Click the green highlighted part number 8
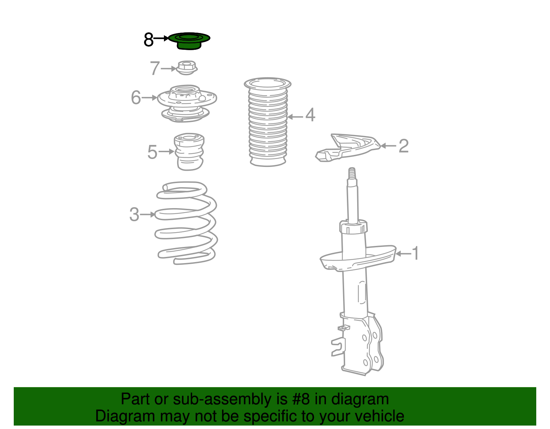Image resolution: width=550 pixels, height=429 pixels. point(189,41)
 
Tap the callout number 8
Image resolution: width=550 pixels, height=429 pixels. point(148,39)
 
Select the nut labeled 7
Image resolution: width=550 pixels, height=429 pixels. point(187,68)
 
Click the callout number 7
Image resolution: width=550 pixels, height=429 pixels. point(155,68)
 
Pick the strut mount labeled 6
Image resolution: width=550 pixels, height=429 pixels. point(187,103)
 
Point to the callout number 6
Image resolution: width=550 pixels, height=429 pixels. point(136,97)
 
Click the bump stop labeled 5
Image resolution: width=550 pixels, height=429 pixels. point(189,151)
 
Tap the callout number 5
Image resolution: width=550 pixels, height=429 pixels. point(152,152)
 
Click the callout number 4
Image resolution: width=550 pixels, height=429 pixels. point(310,115)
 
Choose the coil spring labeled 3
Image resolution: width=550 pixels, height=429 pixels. point(186,223)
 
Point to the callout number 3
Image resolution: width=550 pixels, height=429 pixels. point(134,214)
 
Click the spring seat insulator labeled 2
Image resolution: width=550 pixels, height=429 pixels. point(348,148)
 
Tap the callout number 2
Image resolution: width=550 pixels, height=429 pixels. point(404,146)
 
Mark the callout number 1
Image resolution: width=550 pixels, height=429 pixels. point(415,253)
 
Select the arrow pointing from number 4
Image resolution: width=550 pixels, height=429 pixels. point(295,117)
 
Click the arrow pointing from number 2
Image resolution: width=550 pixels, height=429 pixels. point(388,146)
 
